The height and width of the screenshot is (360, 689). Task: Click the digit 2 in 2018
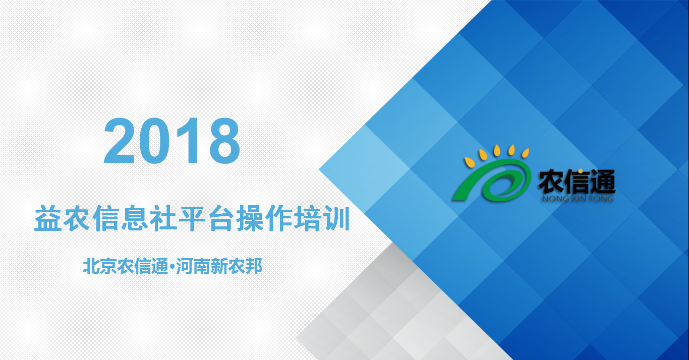(119, 141)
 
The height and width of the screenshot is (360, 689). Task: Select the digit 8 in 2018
(224, 141)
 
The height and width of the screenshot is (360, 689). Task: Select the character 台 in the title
(220, 219)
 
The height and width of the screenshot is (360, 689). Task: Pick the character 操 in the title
(250, 219)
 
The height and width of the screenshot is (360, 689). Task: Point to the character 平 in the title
(191, 219)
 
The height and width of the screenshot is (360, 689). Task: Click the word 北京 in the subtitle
(100, 266)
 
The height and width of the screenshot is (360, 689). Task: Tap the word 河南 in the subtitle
(193, 266)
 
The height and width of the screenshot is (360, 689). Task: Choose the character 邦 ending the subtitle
(254, 266)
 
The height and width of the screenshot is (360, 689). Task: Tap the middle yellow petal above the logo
(497, 150)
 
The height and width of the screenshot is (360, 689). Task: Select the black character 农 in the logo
(551, 182)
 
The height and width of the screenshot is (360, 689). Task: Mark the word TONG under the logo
(601, 199)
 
